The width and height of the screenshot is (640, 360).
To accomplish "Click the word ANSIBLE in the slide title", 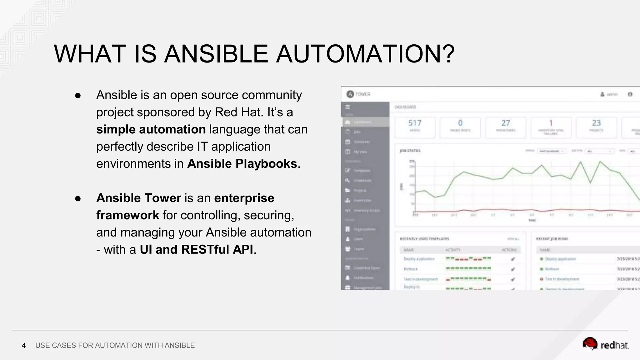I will coord(216,54).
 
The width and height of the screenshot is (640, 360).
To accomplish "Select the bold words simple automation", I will coord(151,129).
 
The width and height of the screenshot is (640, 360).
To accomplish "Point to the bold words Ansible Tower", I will coord(138,198).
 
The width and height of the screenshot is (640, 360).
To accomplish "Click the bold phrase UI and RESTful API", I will coord(196,250).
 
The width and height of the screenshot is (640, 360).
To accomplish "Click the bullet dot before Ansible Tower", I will coord(78,199).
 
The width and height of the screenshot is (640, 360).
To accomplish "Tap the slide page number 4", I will coord(24,346).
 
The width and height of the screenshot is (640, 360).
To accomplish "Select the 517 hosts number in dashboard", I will coord(415,123).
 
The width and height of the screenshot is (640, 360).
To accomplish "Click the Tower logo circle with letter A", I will coord(350,94).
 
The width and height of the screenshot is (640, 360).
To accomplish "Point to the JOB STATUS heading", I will coord(410,151).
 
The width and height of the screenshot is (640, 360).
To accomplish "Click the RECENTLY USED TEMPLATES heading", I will coord(424,239).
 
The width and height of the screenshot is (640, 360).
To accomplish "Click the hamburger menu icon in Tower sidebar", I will coord(347,107).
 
